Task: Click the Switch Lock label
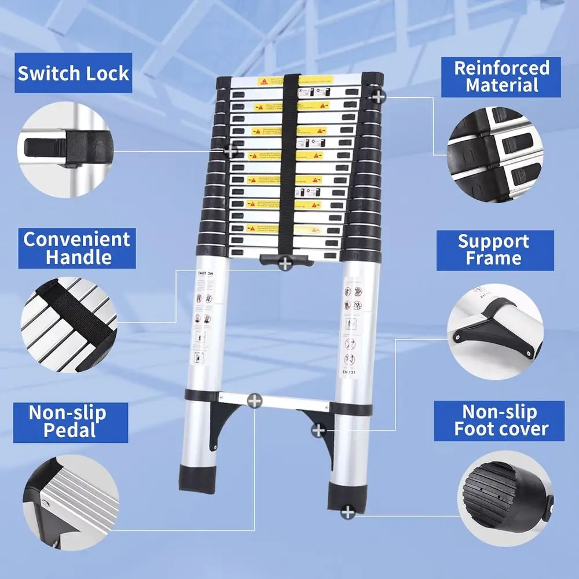tap(74, 74)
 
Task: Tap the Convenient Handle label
tap(77, 248)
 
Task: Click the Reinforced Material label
tap(501, 77)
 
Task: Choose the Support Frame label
tap(494, 250)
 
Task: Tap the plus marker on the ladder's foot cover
tap(347, 512)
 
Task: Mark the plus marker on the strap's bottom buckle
tap(285, 264)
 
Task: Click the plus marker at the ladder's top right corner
tap(378, 96)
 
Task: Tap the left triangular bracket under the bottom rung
tap(223, 420)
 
